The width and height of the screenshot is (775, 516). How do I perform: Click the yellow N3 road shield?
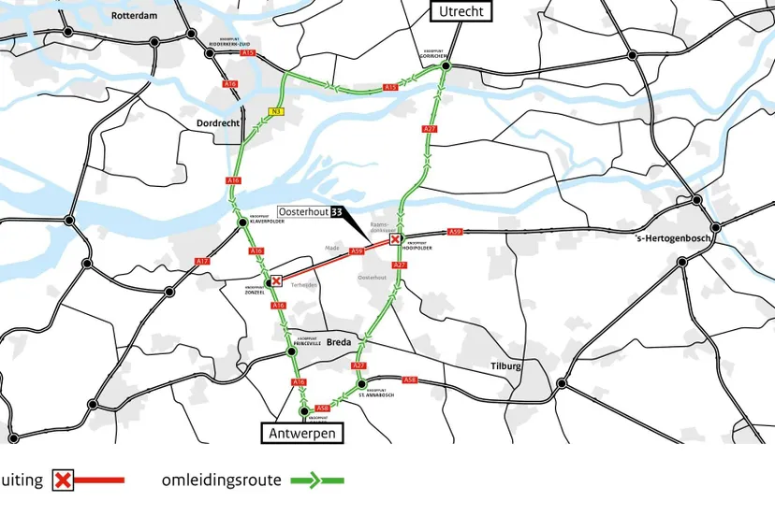click(276, 112)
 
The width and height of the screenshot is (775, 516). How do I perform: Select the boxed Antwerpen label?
click(301, 434)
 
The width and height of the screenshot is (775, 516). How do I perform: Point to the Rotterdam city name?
click(134, 16)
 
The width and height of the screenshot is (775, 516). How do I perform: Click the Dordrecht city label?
click(218, 123)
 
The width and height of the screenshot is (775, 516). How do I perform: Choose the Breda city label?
click(339, 341)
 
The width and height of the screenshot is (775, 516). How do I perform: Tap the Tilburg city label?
click(505, 366)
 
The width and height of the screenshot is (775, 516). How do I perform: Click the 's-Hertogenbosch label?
click(674, 238)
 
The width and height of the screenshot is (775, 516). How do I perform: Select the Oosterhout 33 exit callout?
click(310, 212)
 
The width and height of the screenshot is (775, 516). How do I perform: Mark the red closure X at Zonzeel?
click(276, 280)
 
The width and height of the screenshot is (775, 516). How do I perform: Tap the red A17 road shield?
click(201, 261)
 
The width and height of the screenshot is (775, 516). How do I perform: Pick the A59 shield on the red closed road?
click(356, 251)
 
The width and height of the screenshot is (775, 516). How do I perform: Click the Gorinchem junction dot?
click(446, 66)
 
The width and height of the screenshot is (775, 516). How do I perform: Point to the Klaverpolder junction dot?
click(241, 222)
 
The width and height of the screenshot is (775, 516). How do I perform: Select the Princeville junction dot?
click(292, 351)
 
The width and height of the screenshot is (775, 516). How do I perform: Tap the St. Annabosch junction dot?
click(360, 383)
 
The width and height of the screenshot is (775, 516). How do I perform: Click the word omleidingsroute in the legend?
click(221, 480)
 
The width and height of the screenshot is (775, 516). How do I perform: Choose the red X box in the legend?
click(63, 480)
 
